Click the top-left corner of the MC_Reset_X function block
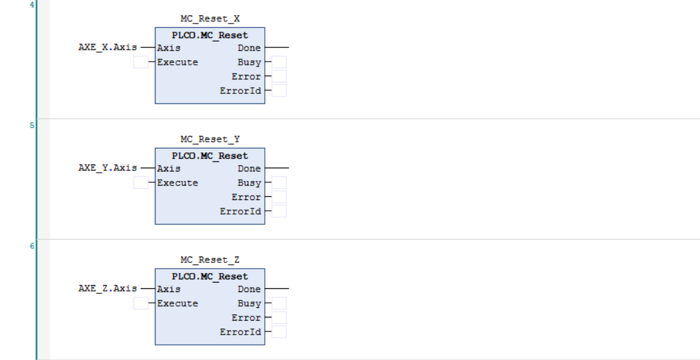pos(156,28)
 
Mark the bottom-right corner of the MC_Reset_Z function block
pos(265,345)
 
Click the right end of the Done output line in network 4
pos(289,47)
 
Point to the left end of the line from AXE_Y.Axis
pos(141,168)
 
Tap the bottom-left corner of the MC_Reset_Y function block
pos(156,224)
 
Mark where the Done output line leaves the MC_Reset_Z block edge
pos(265,289)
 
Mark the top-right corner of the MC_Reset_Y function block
pos(265,148)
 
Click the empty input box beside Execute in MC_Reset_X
pos(141,62)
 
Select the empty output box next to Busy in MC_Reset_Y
pos(279,182)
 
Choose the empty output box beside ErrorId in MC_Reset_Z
pos(279,332)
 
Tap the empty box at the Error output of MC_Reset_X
pos(279,76)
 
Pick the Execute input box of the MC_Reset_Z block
pos(141,303)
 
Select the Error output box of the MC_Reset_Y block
pos(279,197)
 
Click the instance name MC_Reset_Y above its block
pos(210,139)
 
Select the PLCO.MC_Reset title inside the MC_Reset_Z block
pos(210,277)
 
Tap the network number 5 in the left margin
pos(32,125)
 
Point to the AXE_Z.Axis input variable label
pos(107,289)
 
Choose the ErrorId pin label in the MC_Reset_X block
pos(240,91)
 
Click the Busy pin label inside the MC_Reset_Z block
pos(249,303)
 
